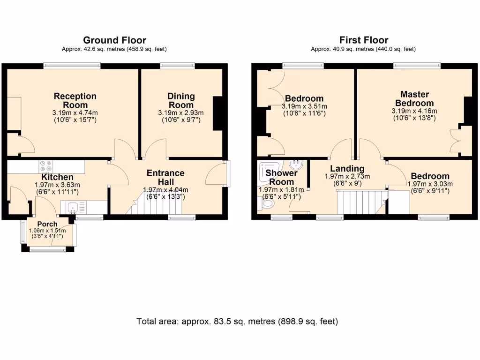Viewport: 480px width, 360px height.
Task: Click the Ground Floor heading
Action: tap(114, 40)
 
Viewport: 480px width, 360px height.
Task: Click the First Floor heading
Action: tap(364, 40)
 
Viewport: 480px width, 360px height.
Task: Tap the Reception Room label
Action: tap(75, 100)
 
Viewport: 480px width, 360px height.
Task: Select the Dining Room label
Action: tap(181, 100)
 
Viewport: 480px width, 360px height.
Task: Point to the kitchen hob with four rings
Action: tap(46, 166)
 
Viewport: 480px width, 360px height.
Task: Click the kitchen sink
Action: tap(73, 208)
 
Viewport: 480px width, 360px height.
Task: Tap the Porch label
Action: tap(47, 224)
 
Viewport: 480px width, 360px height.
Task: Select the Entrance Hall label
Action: tap(165, 177)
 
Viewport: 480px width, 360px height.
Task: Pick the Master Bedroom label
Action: tap(414, 98)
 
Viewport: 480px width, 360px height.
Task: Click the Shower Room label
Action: tap(281, 177)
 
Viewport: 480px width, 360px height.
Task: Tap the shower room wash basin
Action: tap(296, 165)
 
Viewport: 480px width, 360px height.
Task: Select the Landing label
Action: tap(347, 168)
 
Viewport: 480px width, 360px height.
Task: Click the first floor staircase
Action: tap(361, 202)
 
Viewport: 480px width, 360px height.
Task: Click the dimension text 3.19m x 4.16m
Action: tap(414, 111)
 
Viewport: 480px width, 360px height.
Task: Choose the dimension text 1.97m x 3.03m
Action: tap(430, 184)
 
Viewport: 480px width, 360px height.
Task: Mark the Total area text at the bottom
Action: tap(237, 322)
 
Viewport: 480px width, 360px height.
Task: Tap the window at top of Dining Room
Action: tap(178, 65)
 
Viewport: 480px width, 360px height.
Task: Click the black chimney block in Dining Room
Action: tap(217, 113)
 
